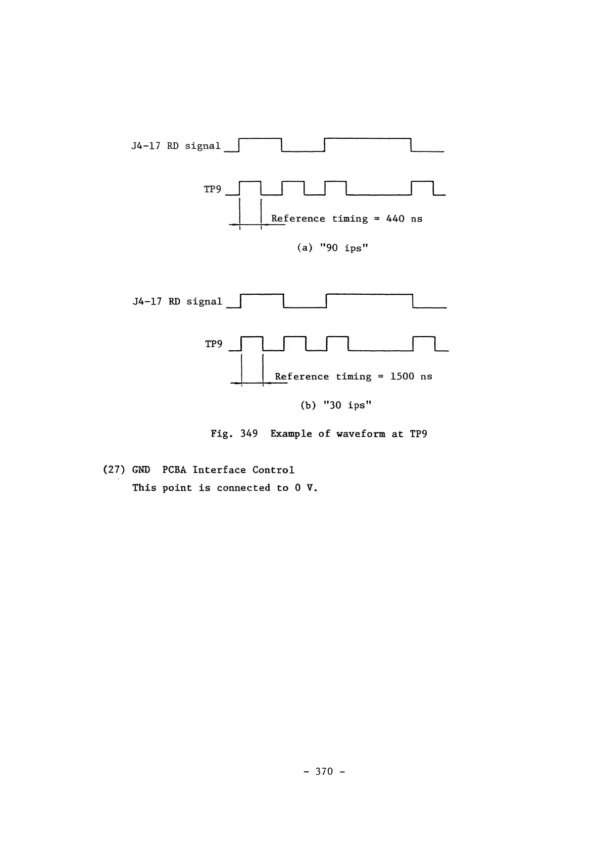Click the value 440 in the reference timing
[395, 219]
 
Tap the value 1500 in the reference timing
[402, 377]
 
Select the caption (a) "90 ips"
[332, 248]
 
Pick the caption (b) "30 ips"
[336, 405]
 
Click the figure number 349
[249, 434]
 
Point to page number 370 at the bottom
[324, 771]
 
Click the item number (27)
[114, 470]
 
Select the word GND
[141, 470]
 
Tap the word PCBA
[174, 470]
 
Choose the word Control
[273, 470]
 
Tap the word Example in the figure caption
[291, 434]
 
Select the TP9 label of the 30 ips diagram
[214, 344]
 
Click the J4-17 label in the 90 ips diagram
[146, 146]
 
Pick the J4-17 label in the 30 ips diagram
[147, 302]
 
